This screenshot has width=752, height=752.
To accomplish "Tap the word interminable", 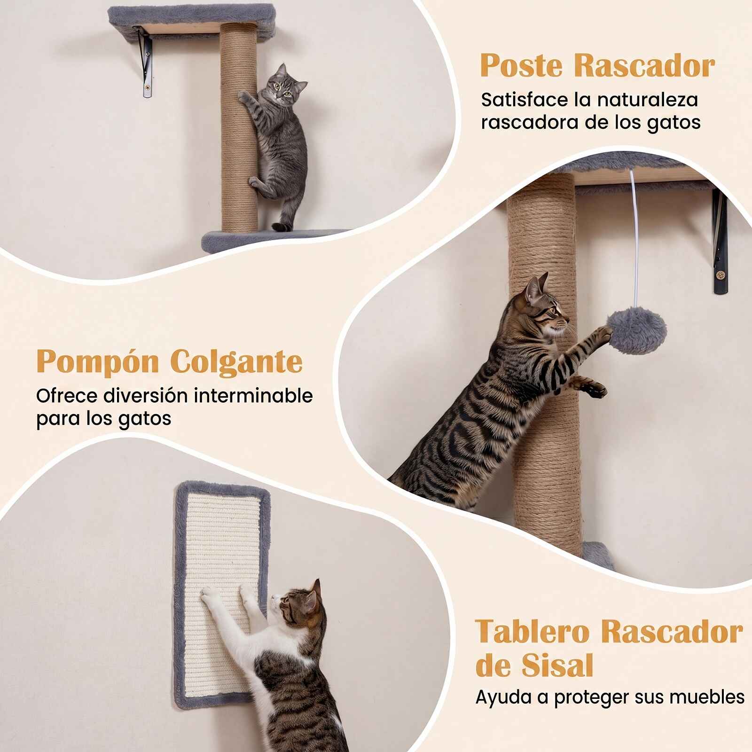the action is tap(253, 396).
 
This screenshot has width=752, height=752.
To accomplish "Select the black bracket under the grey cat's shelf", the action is tap(145, 61).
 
